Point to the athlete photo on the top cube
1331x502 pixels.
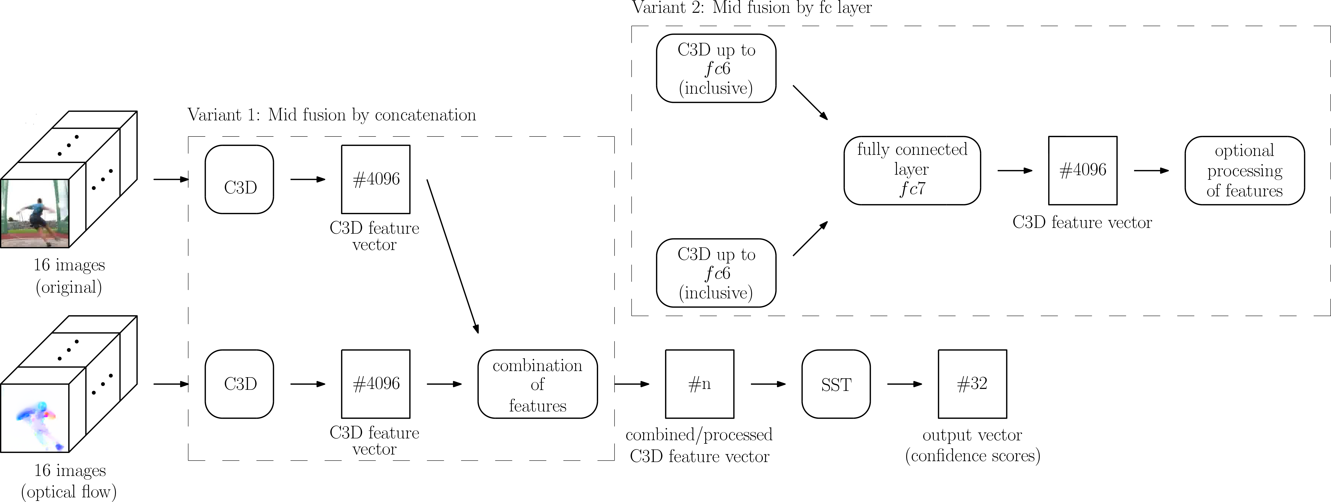[35, 213]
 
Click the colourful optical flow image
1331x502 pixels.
[35, 418]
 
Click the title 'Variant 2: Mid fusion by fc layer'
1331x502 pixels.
[752, 8]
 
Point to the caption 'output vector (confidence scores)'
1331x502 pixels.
[972, 445]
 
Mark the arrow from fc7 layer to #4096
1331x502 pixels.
[1015, 170]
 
